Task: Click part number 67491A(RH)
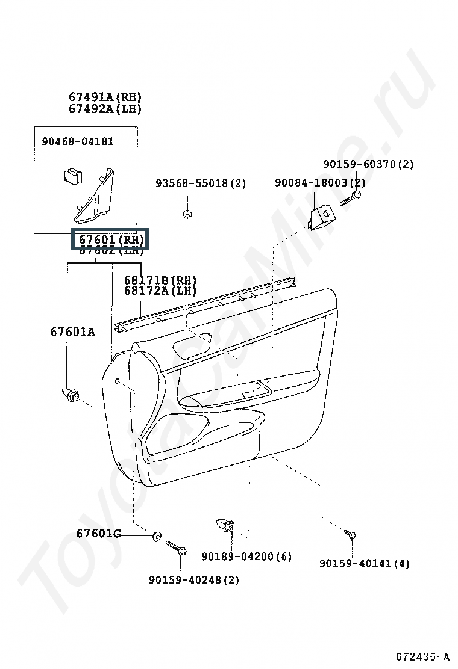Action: [x=105, y=97]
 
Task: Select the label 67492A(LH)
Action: [x=105, y=109]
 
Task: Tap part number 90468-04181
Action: [x=78, y=141]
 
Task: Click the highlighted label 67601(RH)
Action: [x=109, y=239]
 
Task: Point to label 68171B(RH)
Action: [x=160, y=280]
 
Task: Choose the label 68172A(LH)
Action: [x=160, y=291]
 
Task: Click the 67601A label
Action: [x=72, y=331]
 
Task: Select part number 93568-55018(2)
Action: [x=201, y=183]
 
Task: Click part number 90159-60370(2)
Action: [x=368, y=164]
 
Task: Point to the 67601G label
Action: [x=99, y=534]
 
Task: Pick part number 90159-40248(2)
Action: [x=193, y=580]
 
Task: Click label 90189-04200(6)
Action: [x=246, y=557]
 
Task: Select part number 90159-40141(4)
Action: [x=364, y=564]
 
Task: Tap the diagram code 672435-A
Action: [x=422, y=656]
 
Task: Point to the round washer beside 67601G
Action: [x=157, y=536]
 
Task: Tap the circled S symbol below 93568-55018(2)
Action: [x=187, y=214]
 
